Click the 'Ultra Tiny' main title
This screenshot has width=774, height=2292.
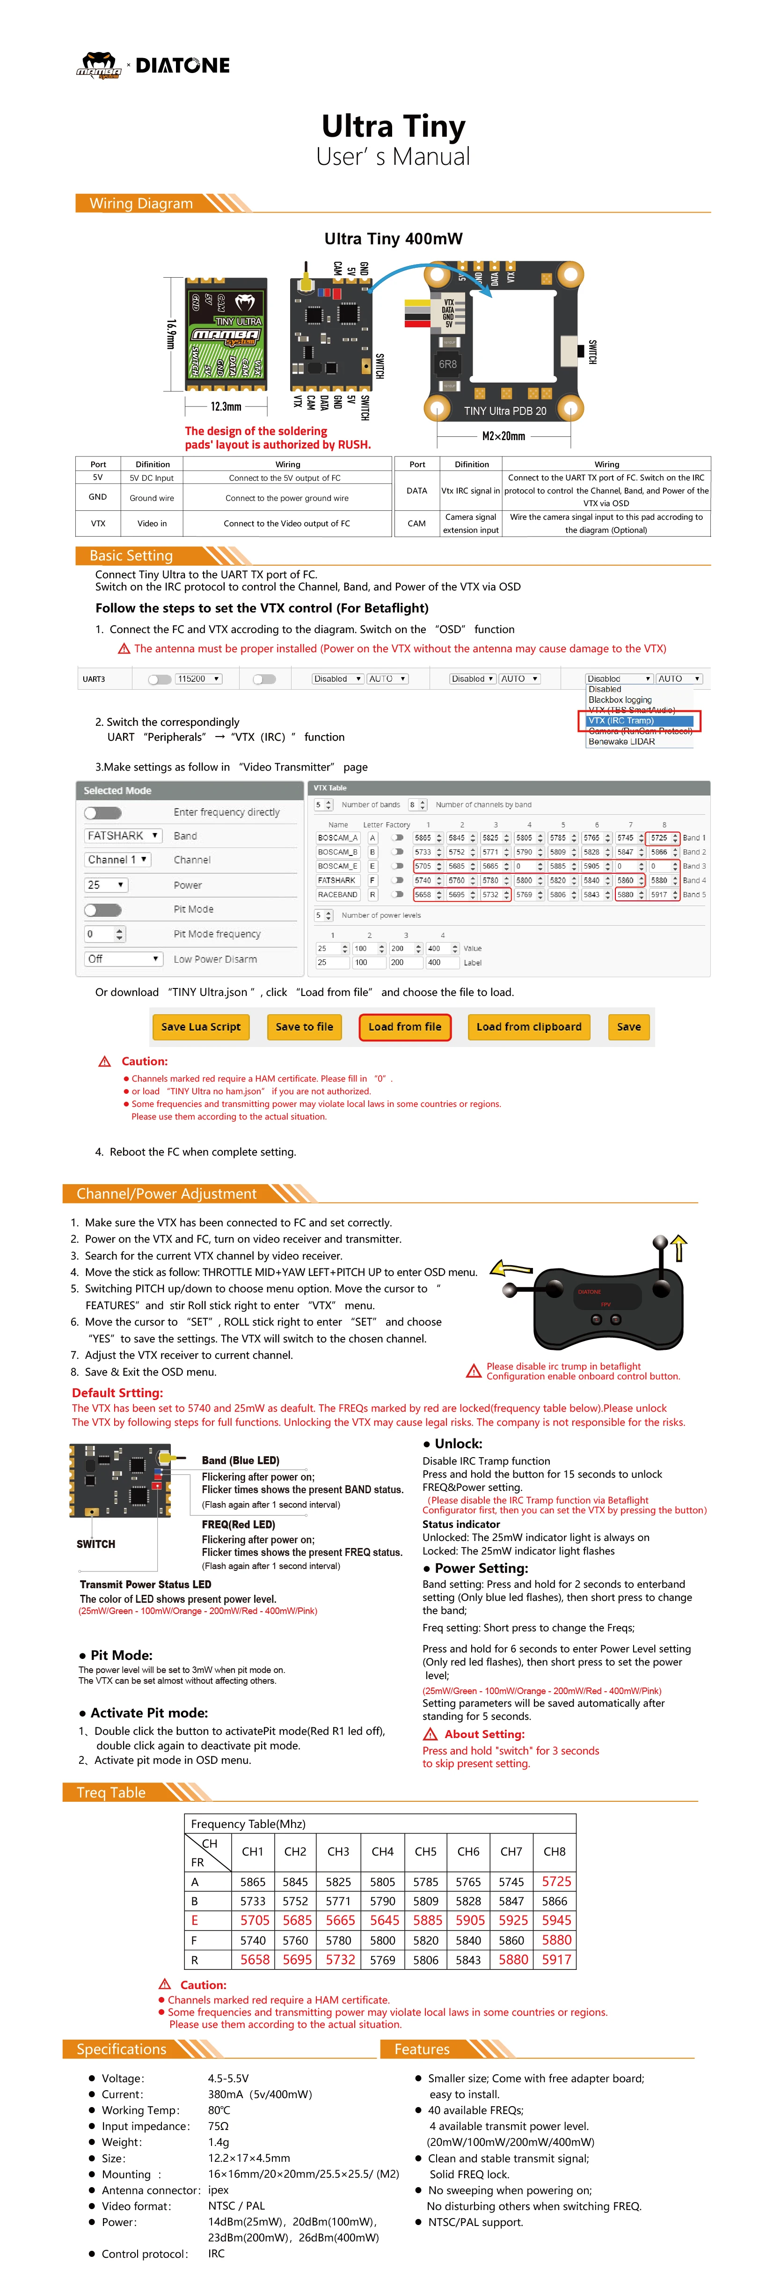(x=393, y=126)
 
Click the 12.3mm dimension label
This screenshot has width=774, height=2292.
(x=226, y=406)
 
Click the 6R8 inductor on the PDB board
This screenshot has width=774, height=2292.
(x=447, y=364)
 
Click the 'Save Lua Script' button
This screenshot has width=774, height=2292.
(x=201, y=1027)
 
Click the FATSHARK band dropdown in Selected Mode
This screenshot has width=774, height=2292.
(x=123, y=835)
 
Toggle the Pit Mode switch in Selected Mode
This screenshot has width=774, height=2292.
(x=103, y=909)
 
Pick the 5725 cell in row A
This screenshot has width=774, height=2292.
(x=556, y=1882)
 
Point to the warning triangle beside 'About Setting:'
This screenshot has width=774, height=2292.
(x=431, y=1734)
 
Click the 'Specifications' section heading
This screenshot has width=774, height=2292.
(x=122, y=2049)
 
